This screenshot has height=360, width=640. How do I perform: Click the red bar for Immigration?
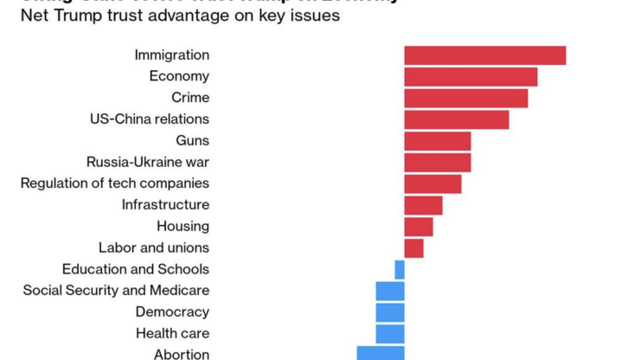(484, 55)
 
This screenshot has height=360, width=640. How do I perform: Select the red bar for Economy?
(470, 77)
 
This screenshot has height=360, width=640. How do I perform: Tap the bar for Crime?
(465, 98)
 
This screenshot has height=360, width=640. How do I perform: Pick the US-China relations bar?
(456, 119)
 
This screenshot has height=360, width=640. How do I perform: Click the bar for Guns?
(437, 141)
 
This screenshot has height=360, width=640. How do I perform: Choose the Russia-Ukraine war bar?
(437, 162)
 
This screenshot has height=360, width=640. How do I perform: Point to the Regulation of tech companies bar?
(432, 183)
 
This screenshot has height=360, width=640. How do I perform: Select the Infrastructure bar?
(423, 205)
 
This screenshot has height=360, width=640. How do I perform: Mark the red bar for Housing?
(418, 227)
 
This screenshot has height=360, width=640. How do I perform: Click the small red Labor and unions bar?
(413, 248)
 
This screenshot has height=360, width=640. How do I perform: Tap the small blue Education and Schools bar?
(400, 269)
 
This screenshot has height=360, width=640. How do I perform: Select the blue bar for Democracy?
(390, 312)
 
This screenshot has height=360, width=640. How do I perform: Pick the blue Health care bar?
(390, 333)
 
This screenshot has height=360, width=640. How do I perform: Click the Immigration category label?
(171, 55)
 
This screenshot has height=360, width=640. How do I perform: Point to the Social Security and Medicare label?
(116, 291)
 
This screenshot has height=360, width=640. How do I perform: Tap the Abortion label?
(182, 354)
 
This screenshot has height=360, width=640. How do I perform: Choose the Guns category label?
(192, 141)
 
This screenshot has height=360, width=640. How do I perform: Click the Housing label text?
(182, 227)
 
